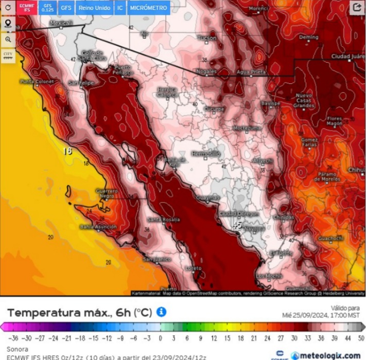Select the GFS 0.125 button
47,8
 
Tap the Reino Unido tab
94,8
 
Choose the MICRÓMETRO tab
148,8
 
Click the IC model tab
120,8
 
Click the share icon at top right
357,7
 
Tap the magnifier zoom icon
8,39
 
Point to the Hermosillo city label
205,154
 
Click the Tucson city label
207,38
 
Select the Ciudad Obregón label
237,213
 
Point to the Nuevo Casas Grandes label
304,100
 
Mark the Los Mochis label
270,276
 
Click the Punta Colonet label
37,81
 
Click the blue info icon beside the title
161,312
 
